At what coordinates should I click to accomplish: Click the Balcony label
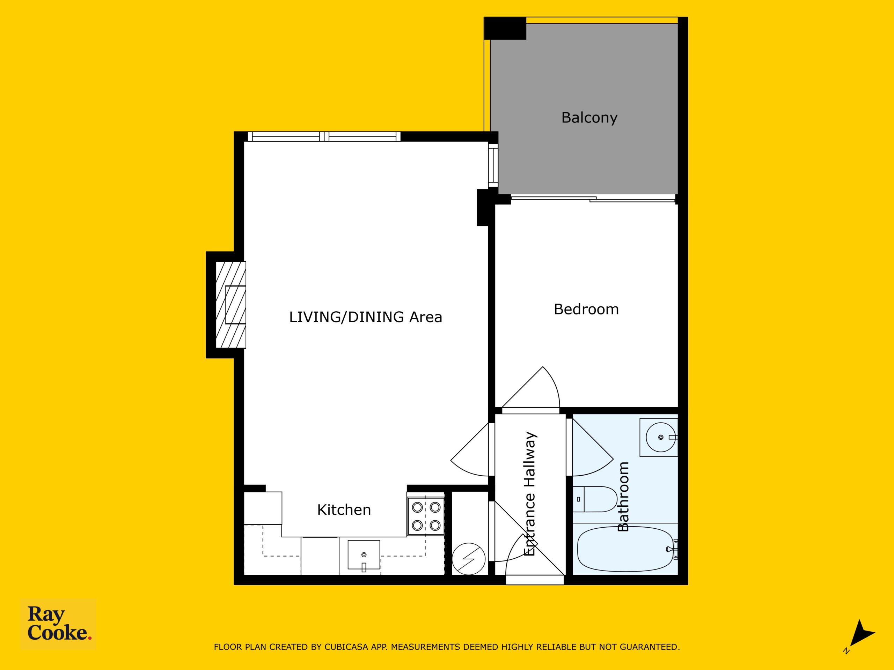[x=589, y=118]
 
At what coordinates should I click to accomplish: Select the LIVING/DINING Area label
[x=365, y=317]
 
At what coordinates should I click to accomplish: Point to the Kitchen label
[x=344, y=510]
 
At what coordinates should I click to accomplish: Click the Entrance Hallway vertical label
[x=529, y=493]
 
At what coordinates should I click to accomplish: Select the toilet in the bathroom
[x=594, y=499]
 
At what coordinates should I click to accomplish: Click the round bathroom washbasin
[x=660, y=437]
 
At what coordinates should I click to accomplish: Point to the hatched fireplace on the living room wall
[x=231, y=305]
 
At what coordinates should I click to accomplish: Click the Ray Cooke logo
[x=58, y=624]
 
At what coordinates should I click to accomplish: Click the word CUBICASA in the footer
[x=346, y=647]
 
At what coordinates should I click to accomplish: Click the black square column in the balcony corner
[x=505, y=28]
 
